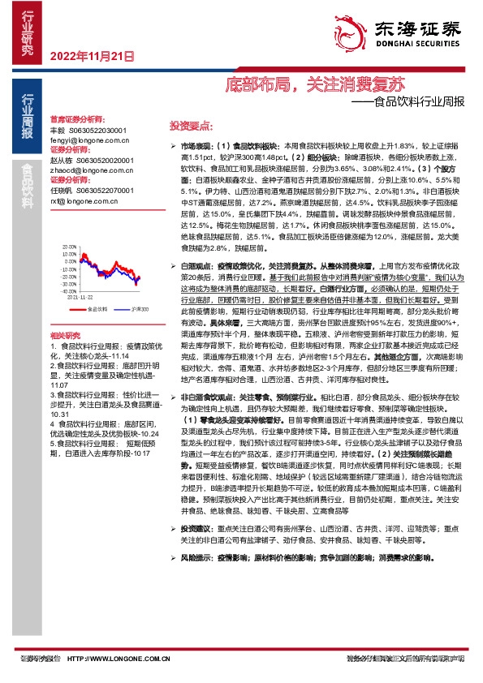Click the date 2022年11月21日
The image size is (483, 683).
pyautogui.click(x=91, y=56)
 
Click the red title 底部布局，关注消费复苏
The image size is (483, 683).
pyautogui.click(x=313, y=84)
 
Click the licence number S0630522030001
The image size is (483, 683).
pyautogui.click(x=96, y=130)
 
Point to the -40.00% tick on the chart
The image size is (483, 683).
pyautogui.click(x=57, y=290)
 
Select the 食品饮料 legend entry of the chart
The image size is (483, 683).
pyautogui.click(x=97, y=309)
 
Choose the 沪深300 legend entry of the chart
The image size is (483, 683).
pyautogui.click(x=139, y=309)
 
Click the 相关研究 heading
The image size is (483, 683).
pyautogui.click(x=64, y=335)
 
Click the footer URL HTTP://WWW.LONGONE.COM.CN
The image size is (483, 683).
pyautogui.click(x=122, y=659)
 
